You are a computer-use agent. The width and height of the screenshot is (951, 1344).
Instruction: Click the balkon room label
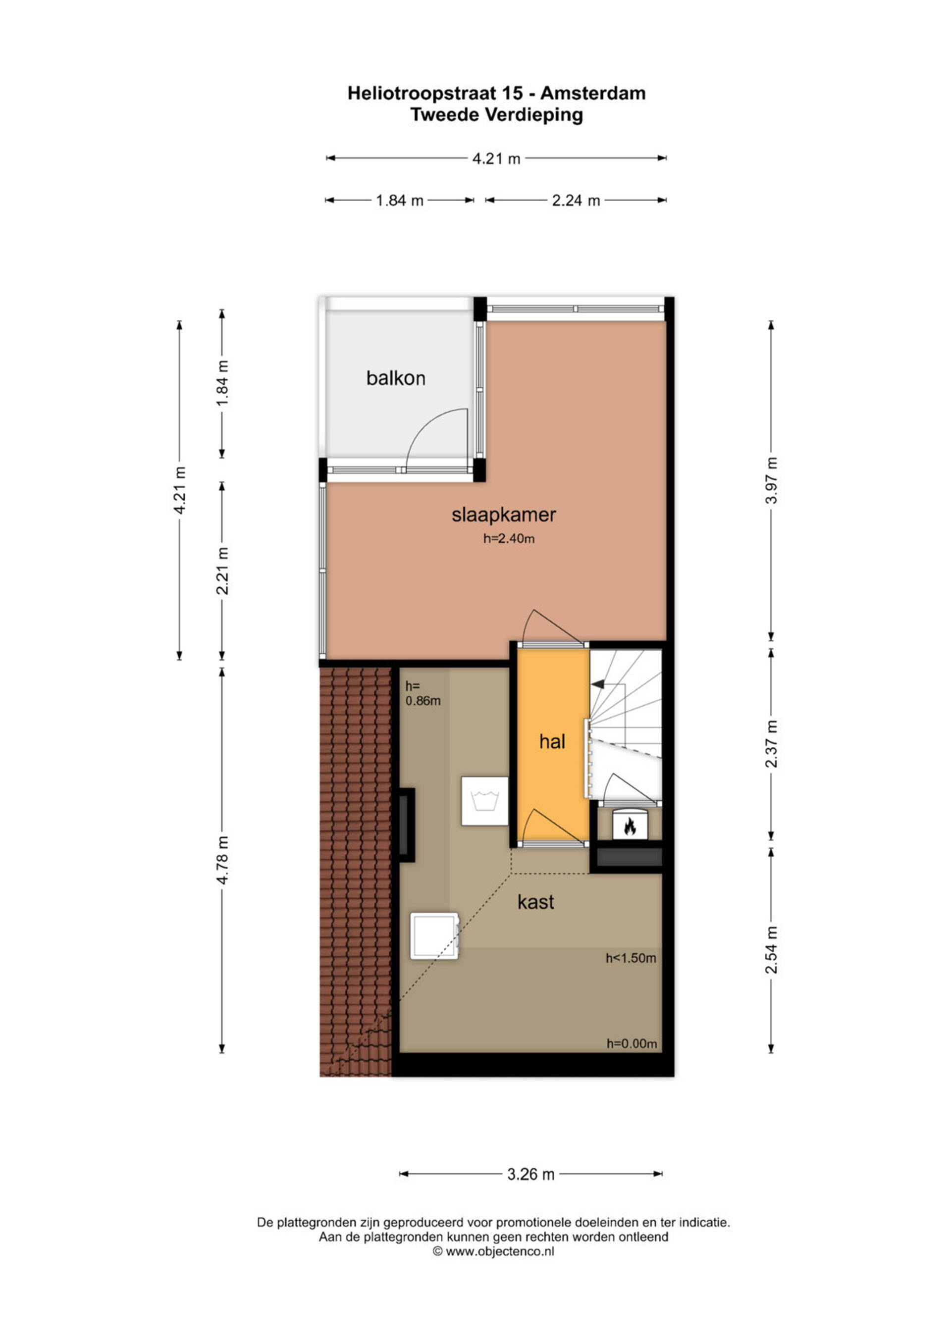coord(396,378)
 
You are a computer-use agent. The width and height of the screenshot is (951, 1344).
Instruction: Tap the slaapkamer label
coord(504,515)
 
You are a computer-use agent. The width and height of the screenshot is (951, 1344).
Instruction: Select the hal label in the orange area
coord(552,742)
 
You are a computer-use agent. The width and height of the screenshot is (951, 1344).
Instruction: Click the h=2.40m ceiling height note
coord(509,538)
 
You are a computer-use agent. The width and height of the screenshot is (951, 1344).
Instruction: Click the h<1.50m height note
coord(631,958)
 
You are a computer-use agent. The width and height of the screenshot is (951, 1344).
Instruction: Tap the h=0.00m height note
coord(631,1044)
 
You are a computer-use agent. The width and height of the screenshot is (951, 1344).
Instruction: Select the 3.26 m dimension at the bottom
coord(530,1174)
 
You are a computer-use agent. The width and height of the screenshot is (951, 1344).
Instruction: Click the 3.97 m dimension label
coord(771,480)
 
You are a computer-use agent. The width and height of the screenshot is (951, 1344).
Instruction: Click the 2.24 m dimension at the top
coord(576,201)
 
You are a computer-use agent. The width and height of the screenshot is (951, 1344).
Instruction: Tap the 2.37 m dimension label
coord(771,743)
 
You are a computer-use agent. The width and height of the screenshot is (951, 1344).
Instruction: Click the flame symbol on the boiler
coord(630,827)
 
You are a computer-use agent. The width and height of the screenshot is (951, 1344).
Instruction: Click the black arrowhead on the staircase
coord(598,684)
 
